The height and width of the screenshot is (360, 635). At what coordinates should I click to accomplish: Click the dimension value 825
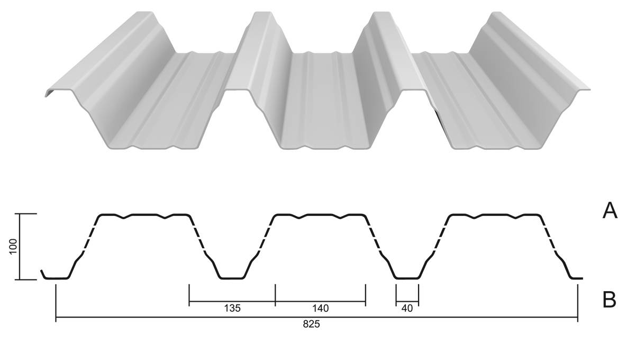coord(311,324)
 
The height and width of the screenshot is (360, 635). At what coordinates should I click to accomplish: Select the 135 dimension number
coord(232,308)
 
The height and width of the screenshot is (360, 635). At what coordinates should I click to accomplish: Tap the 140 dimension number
coord(320,308)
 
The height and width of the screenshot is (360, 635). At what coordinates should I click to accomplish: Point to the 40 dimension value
coord(407,308)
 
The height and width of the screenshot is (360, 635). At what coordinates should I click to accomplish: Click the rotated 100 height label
coord(13,246)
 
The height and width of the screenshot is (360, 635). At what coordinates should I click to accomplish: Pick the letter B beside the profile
coord(609,300)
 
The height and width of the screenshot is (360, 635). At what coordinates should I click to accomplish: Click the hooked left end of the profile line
coord(42,274)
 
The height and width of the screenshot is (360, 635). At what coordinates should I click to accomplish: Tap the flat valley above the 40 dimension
coord(407,278)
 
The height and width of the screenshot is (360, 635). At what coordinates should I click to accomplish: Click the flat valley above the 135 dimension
coord(232,278)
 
